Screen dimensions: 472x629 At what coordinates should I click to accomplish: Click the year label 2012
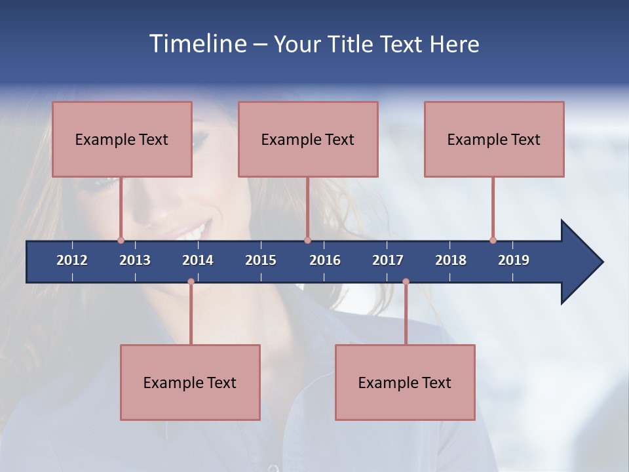click(72, 260)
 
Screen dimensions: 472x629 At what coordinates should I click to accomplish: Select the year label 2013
click(135, 260)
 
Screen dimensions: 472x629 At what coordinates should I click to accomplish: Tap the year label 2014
click(198, 260)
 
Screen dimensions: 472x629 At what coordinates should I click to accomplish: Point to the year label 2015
click(261, 260)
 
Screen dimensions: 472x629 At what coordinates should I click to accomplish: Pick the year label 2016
click(325, 260)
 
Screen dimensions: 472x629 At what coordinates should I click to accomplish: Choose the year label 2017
click(388, 260)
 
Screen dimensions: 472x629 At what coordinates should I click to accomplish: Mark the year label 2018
click(451, 260)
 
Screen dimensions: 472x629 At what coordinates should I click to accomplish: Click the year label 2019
click(514, 260)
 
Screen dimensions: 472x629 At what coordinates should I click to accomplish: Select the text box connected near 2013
click(122, 139)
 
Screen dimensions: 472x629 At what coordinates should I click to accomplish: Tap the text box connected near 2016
click(308, 139)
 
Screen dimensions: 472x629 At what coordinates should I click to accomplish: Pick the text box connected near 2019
click(494, 139)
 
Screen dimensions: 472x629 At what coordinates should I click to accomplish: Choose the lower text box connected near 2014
click(190, 382)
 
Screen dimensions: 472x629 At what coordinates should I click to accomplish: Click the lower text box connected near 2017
click(405, 382)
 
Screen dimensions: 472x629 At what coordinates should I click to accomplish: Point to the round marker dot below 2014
click(191, 282)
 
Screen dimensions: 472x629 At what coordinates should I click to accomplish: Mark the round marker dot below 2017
click(406, 282)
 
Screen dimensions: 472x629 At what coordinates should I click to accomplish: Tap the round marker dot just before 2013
click(121, 240)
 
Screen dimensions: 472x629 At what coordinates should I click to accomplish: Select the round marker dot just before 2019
click(493, 240)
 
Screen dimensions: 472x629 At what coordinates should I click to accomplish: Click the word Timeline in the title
click(197, 44)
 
